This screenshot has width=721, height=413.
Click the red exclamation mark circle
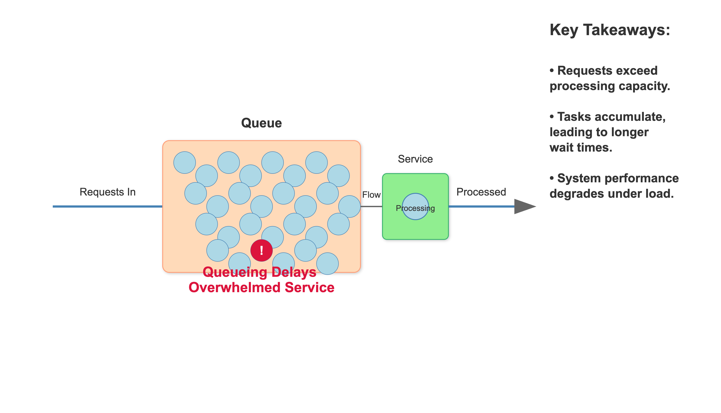(x=261, y=250)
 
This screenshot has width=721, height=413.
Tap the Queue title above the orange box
(x=261, y=123)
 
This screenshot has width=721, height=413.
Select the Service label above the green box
(x=415, y=159)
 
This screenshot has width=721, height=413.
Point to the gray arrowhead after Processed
(x=524, y=206)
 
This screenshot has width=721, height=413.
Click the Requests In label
(x=107, y=192)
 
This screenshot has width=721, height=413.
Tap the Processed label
(x=481, y=192)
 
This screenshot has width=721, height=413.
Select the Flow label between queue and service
(x=371, y=195)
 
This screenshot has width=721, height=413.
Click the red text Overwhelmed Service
(x=261, y=287)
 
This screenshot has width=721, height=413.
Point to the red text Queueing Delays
(x=259, y=272)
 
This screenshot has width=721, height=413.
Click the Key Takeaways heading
(x=610, y=30)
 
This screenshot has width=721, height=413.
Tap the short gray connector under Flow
(x=371, y=206)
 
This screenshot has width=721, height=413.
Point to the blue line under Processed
(x=481, y=206)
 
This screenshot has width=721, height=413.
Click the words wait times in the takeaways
(x=581, y=147)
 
